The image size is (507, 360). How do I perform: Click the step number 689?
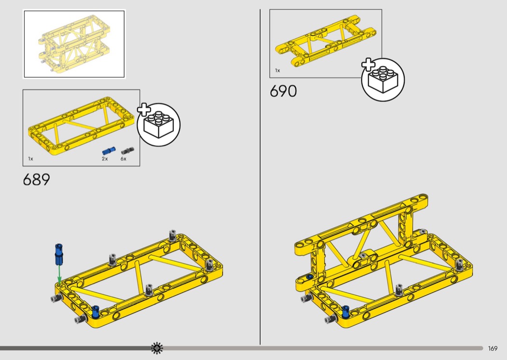click(37, 180)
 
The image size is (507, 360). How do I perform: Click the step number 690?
click(283, 91)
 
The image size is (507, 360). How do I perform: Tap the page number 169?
click(493, 348)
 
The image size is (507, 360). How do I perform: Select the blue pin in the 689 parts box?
click(109, 151)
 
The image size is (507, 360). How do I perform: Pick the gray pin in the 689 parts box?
click(127, 151)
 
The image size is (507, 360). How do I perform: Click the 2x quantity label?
click(105, 159)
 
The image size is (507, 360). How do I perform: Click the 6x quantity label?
click(124, 159)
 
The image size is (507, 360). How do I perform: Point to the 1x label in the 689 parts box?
click(31, 159)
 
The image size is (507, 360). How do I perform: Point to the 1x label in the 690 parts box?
click(278, 70)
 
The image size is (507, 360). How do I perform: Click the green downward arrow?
click(59, 275)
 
